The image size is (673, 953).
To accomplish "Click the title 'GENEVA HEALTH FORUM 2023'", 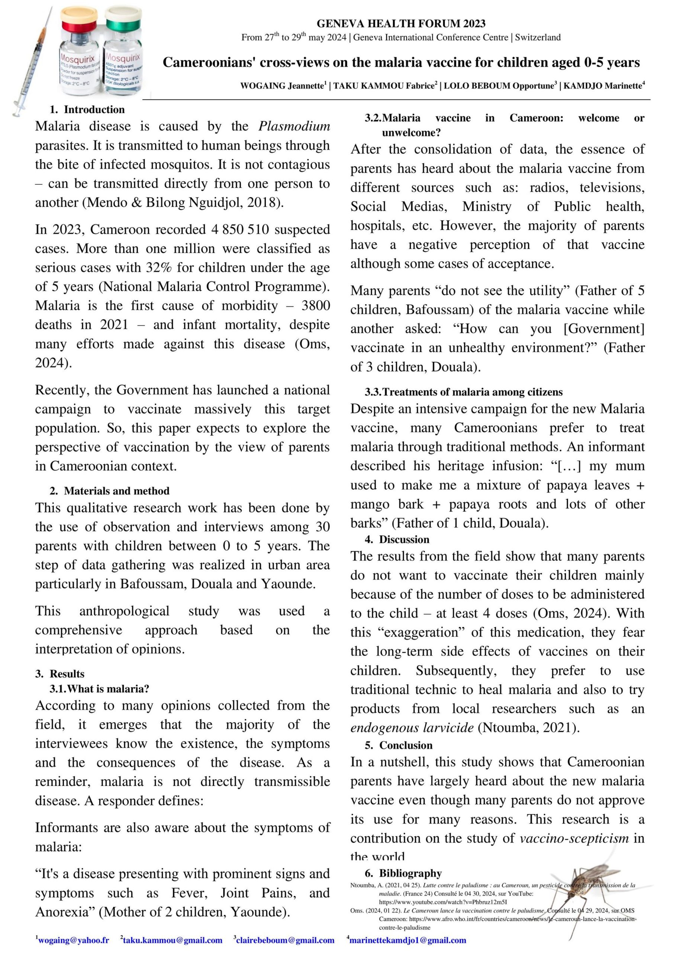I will [x=400, y=24].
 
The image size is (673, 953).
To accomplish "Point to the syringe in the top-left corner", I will [x=33, y=62].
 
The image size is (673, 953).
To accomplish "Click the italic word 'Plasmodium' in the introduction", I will [x=294, y=126].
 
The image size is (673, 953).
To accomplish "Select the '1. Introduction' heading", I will [x=87, y=109].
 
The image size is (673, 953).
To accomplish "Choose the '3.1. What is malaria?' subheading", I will [x=100, y=689].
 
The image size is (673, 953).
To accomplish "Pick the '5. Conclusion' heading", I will [x=399, y=745].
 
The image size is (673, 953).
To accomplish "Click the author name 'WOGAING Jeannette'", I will [x=282, y=86].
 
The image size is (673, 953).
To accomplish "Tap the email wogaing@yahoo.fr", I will [x=73, y=940].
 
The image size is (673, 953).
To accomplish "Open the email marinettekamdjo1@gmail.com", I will [x=407, y=940].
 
